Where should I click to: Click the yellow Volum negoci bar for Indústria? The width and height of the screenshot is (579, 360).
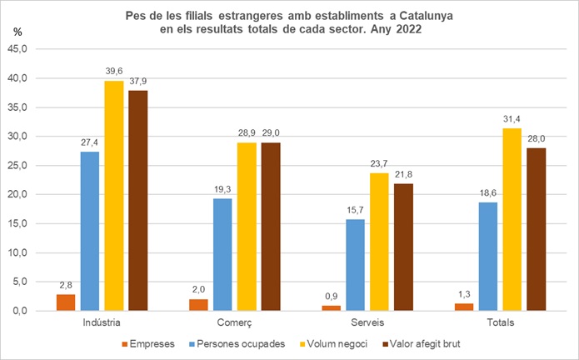tap(114, 196)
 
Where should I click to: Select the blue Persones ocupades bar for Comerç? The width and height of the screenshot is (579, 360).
tap(223, 254)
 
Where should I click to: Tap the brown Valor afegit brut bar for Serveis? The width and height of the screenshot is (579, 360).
tap(403, 247)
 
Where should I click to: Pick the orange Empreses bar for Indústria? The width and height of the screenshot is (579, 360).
tap(65, 302)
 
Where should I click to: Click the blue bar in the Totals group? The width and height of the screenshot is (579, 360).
tap(489, 257)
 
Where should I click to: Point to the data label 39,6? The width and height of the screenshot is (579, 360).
tap(114, 72)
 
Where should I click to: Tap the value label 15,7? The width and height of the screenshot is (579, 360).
tap(356, 212)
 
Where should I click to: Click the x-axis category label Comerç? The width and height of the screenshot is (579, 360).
tap(234, 322)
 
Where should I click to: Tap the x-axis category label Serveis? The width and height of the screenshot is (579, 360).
tap(367, 322)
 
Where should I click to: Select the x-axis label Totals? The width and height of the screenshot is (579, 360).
tap(500, 322)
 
